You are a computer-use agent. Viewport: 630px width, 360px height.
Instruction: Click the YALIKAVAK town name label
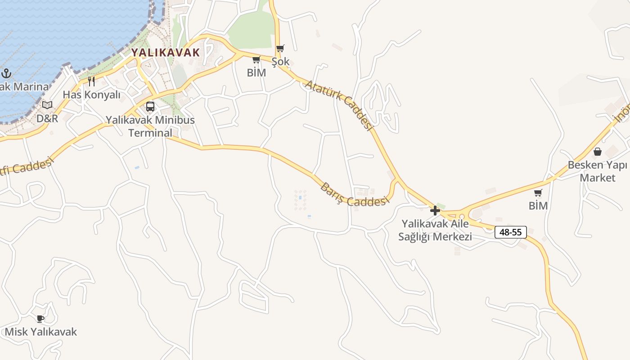point(165,52)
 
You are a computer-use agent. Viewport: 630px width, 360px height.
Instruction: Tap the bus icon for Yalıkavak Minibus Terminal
point(150,107)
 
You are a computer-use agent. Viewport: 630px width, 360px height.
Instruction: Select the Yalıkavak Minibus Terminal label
point(150,126)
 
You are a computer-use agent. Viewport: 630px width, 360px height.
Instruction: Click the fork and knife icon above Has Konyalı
point(91,81)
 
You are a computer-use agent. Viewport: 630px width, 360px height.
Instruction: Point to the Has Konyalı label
point(91,94)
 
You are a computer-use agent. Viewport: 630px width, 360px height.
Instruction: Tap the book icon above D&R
point(47,105)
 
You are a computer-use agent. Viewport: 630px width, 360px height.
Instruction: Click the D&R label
point(47,118)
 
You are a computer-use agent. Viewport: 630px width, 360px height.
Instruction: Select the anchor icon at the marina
point(6,73)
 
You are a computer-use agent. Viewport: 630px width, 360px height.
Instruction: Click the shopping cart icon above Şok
point(280,48)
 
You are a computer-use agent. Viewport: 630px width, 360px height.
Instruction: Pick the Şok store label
point(280,62)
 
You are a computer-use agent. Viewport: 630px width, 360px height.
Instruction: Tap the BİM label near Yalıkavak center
point(256,72)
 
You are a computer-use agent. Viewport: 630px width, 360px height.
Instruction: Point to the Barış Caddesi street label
point(354,195)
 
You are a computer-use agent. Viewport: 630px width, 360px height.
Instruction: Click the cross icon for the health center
point(435,210)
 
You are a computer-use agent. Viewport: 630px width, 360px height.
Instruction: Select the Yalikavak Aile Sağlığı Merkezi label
point(435,230)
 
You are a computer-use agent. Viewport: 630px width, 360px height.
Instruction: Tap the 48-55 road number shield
point(510,232)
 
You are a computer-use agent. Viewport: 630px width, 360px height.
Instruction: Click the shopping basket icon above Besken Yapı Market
point(597,152)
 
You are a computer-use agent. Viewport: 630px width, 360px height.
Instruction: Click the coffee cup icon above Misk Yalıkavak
point(40,319)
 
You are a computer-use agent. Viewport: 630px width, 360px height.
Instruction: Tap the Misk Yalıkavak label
point(40,332)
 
